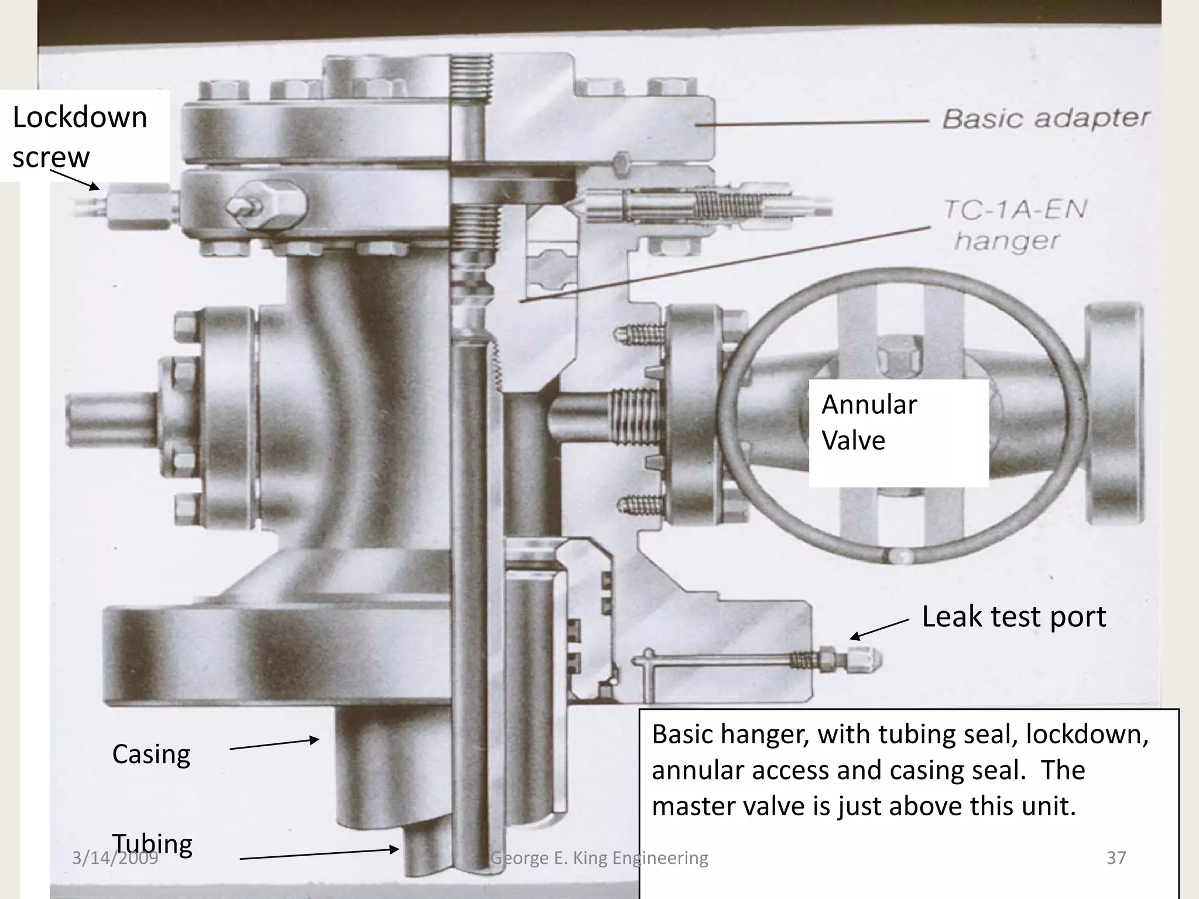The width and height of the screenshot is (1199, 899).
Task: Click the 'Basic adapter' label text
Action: click(1046, 119)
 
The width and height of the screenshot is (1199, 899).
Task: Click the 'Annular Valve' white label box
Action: click(898, 433)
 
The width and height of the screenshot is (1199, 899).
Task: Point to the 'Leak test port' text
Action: click(1013, 616)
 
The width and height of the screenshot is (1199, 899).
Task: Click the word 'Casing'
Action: click(151, 754)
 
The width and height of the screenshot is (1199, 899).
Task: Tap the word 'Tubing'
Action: click(152, 843)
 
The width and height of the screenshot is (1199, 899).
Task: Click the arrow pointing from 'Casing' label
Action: click(274, 744)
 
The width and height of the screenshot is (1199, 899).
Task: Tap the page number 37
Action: click(1116, 857)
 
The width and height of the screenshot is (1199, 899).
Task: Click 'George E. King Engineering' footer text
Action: click(599, 857)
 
